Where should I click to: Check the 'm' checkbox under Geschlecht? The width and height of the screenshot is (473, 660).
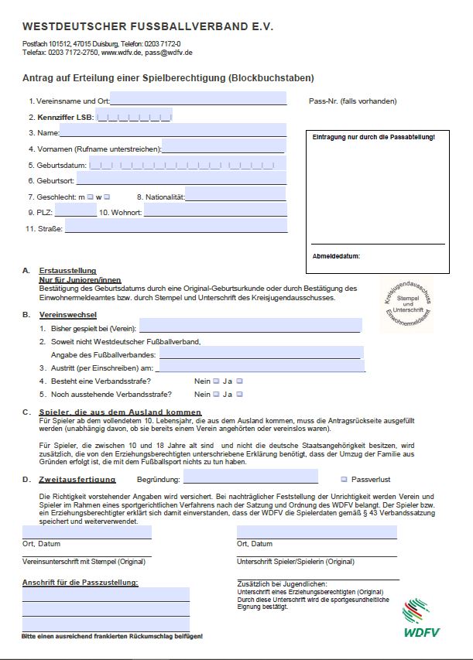coord(91,197)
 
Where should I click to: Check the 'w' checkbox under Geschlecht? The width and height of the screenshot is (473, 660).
coord(107,197)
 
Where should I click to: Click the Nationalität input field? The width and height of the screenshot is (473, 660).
coord(235,196)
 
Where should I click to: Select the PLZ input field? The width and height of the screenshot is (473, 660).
coord(76,211)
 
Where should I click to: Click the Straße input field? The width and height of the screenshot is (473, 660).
coord(176,227)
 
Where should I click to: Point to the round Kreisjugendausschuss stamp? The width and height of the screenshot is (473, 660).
coord(407,299)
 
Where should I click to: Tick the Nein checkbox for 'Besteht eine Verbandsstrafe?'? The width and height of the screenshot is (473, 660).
coord(216,381)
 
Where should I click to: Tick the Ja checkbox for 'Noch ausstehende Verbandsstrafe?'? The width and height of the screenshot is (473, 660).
coord(240,394)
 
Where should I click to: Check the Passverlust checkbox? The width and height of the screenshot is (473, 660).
coord(344,479)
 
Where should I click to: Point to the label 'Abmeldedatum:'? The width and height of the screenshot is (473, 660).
coord(336,255)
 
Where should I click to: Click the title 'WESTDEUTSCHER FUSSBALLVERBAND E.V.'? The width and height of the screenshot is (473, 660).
coord(148,27)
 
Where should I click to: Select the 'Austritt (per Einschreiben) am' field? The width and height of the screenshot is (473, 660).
coord(261,367)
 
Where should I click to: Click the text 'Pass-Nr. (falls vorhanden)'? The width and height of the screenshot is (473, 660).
coord(352,101)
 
